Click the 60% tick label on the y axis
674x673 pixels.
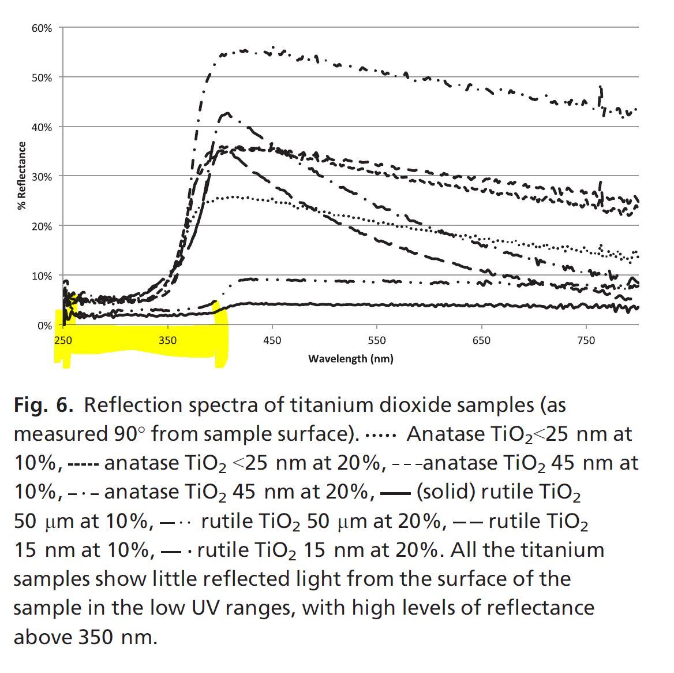coord(42,28)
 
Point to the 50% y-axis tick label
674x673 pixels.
coord(42,77)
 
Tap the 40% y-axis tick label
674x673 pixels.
coord(42,127)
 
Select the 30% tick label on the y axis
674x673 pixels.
coord(42,177)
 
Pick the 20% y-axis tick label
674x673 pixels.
coord(42,226)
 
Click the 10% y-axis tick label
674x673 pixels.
coord(42,276)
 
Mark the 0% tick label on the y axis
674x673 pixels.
coord(44,326)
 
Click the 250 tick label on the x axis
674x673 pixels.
coord(63,340)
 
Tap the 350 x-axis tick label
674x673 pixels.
coord(167,340)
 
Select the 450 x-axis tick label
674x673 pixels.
coord(272,340)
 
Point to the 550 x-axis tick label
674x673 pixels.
coord(376,340)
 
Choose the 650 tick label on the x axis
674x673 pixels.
coord(481,340)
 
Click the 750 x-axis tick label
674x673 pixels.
coord(585,340)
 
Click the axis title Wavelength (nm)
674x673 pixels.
coord(350,359)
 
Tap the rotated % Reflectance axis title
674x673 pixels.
coord(22,176)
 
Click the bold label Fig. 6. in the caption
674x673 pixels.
coord(43,406)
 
